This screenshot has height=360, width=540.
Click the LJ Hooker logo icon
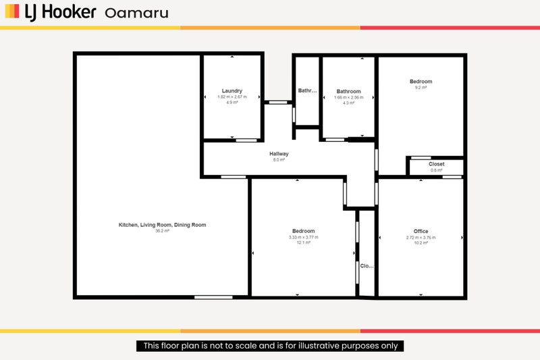click(12, 12)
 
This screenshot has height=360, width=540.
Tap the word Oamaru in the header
click(137, 13)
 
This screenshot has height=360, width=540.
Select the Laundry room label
click(232, 91)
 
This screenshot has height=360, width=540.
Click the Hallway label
click(279, 154)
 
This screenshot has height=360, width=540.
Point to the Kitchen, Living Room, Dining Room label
click(162, 225)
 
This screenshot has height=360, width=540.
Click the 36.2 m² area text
click(162, 231)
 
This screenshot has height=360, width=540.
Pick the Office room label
click(421, 232)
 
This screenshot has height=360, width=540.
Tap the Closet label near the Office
click(436, 164)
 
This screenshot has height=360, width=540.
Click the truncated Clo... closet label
click(367, 266)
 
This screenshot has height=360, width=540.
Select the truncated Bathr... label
click(307, 91)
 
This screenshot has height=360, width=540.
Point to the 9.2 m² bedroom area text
click(421, 87)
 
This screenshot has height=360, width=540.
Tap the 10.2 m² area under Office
click(421, 242)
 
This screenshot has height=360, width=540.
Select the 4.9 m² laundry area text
click(232, 102)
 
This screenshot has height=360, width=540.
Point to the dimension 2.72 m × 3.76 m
click(421, 237)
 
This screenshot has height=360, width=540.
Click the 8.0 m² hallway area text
click(279, 160)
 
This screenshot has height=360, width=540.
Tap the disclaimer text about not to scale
click(270, 346)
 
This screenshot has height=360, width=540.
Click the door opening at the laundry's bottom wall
click(246, 140)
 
